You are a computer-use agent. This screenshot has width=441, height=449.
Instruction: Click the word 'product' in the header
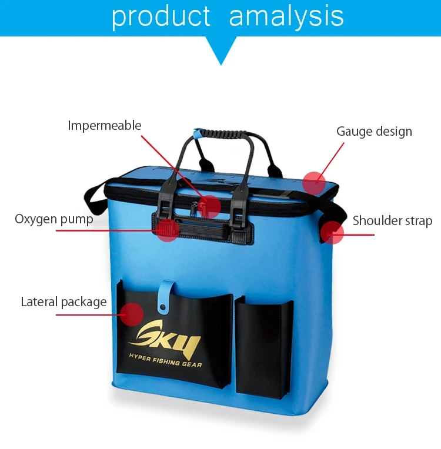[x=161, y=17]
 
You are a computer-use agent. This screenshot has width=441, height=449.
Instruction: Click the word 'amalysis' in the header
[x=286, y=16]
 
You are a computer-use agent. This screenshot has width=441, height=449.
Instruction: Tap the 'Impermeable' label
[x=105, y=126]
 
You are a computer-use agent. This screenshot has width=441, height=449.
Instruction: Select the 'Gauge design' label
[x=374, y=132]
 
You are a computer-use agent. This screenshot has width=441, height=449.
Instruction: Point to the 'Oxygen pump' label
[x=54, y=219]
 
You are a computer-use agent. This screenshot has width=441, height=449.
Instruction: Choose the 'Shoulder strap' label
[x=392, y=220]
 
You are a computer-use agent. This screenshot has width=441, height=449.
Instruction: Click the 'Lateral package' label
[x=64, y=302]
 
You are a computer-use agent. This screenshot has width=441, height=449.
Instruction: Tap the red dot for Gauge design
[x=314, y=183]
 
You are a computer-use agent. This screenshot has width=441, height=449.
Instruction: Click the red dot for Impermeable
[x=209, y=207]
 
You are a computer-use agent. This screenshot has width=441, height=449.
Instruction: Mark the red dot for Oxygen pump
[x=168, y=230]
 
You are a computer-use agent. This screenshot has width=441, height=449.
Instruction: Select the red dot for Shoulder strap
[x=332, y=233]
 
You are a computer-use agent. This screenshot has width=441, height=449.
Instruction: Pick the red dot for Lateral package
[x=132, y=314]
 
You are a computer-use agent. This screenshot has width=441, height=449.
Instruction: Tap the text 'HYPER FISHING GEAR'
[x=166, y=360]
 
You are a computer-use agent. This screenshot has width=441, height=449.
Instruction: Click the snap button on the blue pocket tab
[x=163, y=307]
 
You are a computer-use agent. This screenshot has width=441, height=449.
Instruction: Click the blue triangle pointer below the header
[x=220, y=51]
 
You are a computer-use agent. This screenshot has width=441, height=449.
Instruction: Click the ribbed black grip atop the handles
[x=223, y=133]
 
